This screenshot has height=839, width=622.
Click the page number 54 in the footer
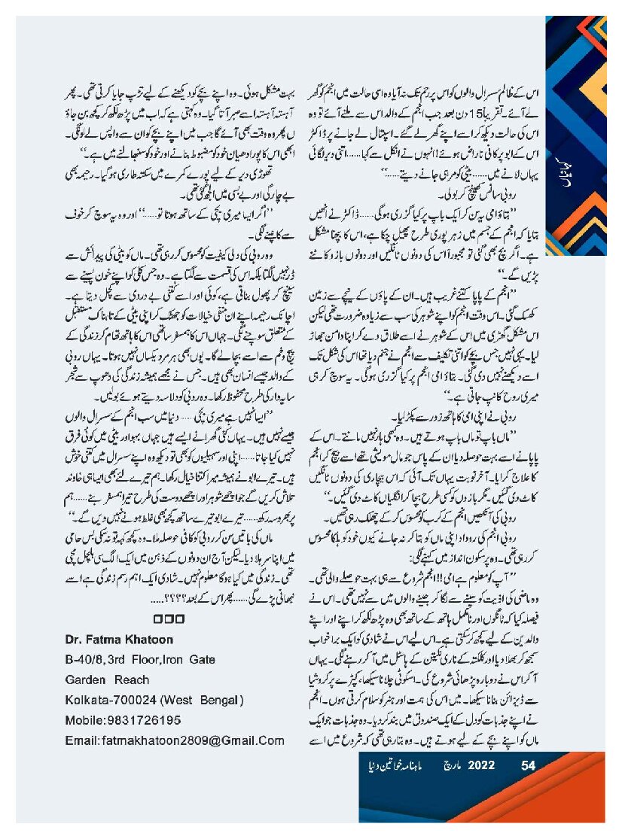529,766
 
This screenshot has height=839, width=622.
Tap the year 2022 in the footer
482,766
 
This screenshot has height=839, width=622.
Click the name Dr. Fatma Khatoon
120,640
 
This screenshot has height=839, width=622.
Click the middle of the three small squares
174,619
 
